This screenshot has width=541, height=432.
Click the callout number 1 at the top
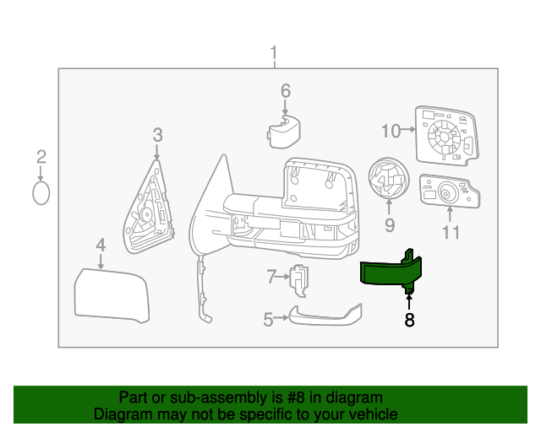tap(273, 55)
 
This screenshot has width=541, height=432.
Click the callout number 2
tap(41, 156)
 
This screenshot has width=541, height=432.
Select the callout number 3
tap(157, 134)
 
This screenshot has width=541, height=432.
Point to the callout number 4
tap(101, 246)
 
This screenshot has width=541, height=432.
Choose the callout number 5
tap(268, 320)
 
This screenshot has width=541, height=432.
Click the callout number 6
tap(285, 90)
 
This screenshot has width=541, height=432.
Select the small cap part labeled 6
tap(286, 132)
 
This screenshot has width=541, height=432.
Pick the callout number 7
tap(272, 276)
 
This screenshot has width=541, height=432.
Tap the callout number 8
tap(409, 320)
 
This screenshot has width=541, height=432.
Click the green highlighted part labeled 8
tap(390, 273)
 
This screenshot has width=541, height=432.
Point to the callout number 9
tap(390, 224)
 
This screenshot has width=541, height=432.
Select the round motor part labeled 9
tap(389, 180)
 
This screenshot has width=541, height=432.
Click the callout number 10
tap(390, 131)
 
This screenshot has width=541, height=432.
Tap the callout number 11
tap(451, 232)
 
